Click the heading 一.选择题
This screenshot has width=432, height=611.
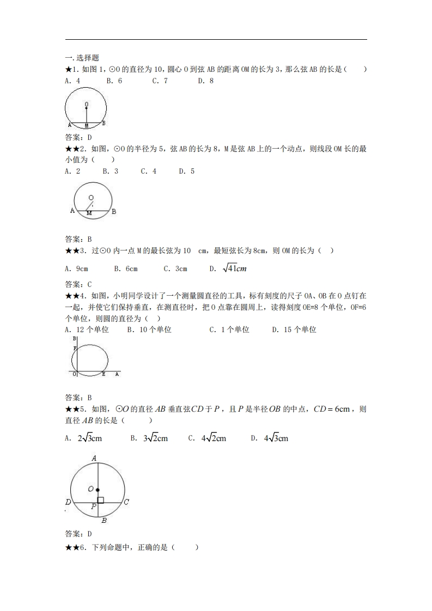coord(82,58)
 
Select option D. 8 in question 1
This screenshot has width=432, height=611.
coord(205,81)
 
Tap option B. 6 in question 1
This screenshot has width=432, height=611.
coord(114,81)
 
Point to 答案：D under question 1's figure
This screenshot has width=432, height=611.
coord(78,137)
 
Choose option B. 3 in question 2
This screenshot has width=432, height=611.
coord(111,171)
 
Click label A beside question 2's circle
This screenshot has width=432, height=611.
coord(72,211)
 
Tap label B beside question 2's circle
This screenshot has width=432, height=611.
coord(114,212)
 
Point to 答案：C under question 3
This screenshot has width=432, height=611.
coord(78,284)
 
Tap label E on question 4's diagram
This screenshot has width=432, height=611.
coord(104,375)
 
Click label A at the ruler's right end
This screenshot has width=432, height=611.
coord(117,374)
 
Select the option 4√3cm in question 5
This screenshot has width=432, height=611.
coord(270,438)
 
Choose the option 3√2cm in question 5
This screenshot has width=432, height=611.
coord(149,438)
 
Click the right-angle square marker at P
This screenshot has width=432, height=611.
coord(100,500)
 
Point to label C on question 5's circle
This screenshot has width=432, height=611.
coord(126,502)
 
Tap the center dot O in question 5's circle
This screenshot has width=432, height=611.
coord(98,490)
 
